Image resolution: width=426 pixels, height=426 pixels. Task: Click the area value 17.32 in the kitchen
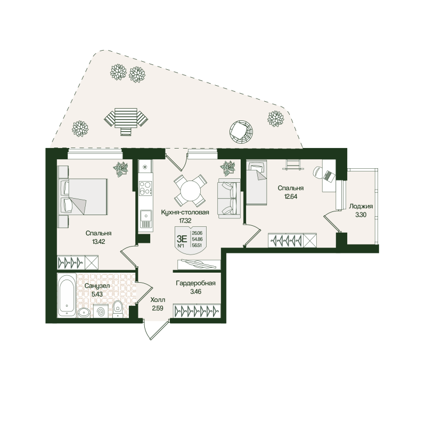pos(185,220)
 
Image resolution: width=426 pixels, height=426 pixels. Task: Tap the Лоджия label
pos(361,207)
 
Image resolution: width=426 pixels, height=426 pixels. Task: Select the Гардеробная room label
pos(195,283)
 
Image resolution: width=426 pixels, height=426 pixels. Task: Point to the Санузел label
pos(97,286)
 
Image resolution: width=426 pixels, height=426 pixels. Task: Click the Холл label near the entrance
pos(158,300)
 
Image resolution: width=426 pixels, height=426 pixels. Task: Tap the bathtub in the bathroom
pos(67,295)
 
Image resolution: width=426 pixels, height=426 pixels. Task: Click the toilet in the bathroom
pos(118,309)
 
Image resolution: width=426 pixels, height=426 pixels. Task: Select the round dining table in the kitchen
pos(190,190)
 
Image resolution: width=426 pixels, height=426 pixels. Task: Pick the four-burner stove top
pos(145,188)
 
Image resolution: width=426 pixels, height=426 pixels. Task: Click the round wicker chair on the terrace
pos(242,131)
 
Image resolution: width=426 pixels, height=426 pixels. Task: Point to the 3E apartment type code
pos(182,239)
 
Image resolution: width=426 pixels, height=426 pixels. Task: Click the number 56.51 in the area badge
pos(197,244)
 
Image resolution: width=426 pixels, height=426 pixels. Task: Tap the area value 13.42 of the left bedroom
pos(99,242)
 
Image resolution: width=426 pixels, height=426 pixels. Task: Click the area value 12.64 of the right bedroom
pos(291,196)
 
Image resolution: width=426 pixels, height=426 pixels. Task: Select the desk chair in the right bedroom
pos(318,171)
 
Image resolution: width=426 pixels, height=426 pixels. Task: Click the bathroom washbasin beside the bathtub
pos(85,313)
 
